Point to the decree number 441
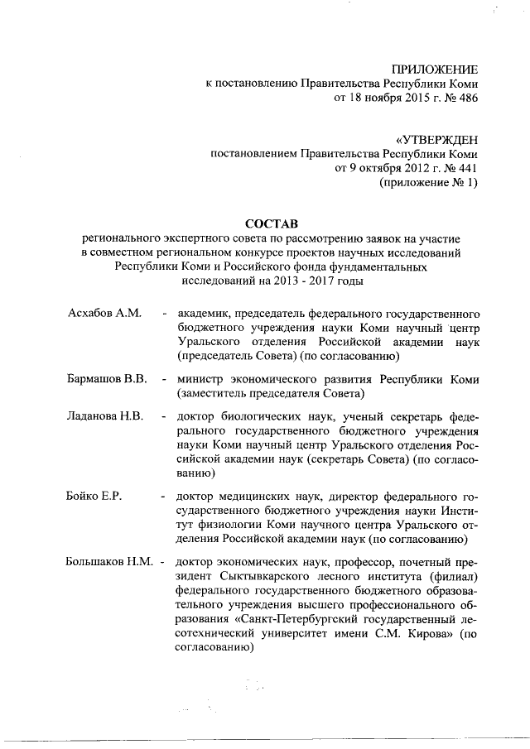point(466,169)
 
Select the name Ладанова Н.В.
point(105,416)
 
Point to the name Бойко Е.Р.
point(94,496)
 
